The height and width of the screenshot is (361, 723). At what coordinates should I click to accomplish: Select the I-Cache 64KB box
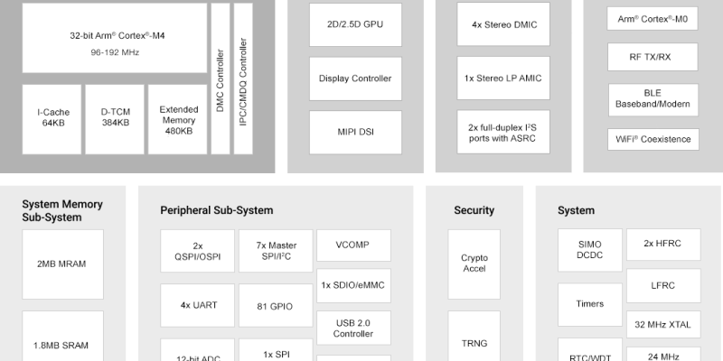[50, 118]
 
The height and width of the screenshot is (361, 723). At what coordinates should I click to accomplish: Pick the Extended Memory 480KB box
[178, 118]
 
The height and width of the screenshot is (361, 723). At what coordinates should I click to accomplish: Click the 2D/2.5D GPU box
[355, 24]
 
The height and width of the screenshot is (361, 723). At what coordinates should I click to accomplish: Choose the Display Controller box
[355, 79]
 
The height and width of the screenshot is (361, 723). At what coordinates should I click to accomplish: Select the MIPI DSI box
[355, 133]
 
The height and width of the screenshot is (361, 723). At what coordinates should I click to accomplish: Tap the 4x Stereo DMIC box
[503, 24]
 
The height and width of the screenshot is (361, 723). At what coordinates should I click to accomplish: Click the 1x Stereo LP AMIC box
[503, 79]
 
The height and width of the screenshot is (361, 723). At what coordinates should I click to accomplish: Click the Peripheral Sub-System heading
[217, 210]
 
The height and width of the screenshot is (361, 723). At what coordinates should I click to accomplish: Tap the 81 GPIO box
[275, 306]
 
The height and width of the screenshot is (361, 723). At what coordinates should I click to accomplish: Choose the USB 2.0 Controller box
[354, 327]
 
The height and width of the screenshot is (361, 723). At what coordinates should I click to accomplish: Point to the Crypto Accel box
[474, 263]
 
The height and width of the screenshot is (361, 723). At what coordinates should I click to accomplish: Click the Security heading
[474, 210]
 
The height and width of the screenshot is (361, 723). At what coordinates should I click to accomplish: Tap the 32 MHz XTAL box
[663, 324]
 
